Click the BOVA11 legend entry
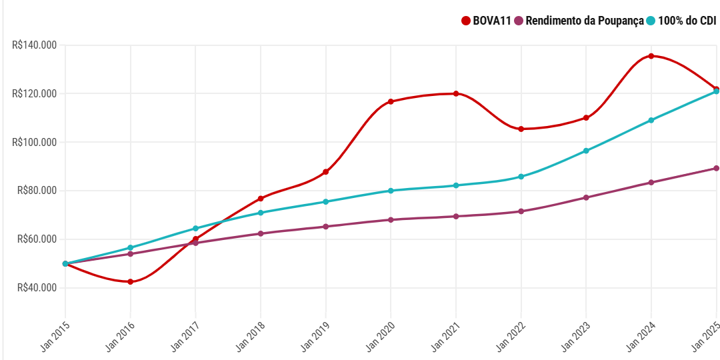(486, 21)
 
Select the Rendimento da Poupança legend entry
(579, 21)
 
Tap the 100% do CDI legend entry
(681, 21)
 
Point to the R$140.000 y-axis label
(34, 45)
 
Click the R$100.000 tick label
(34, 142)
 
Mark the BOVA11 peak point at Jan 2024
(651, 56)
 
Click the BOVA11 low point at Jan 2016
(131, 282)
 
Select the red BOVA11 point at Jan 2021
(456, 93)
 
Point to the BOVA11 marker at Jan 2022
(521, 129)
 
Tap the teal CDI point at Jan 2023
(586, 151)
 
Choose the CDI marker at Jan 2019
(326, 201)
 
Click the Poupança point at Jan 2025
(716, 168)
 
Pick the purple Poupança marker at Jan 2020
(391, 219)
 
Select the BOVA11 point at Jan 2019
(326, 172)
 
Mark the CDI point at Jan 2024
(651, 120)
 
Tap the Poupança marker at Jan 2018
(261, 233)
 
